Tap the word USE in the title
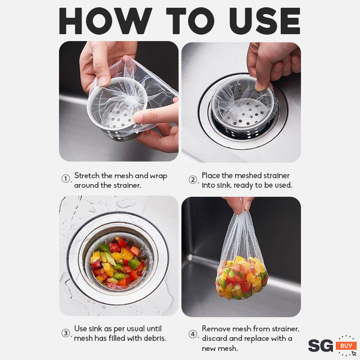tap(265, 21)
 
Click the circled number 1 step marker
tap(66, 179)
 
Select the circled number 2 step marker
tap(193, 180)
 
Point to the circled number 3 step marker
tap(66, 333)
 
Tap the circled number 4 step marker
tap(193, 334)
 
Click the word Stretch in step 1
tap(87, 175)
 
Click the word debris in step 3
tap(154, 338)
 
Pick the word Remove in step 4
tap(216, 329)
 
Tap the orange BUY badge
tap(346, 345)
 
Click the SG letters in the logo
tap(320, 346)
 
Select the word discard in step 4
tap(214, 339)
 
